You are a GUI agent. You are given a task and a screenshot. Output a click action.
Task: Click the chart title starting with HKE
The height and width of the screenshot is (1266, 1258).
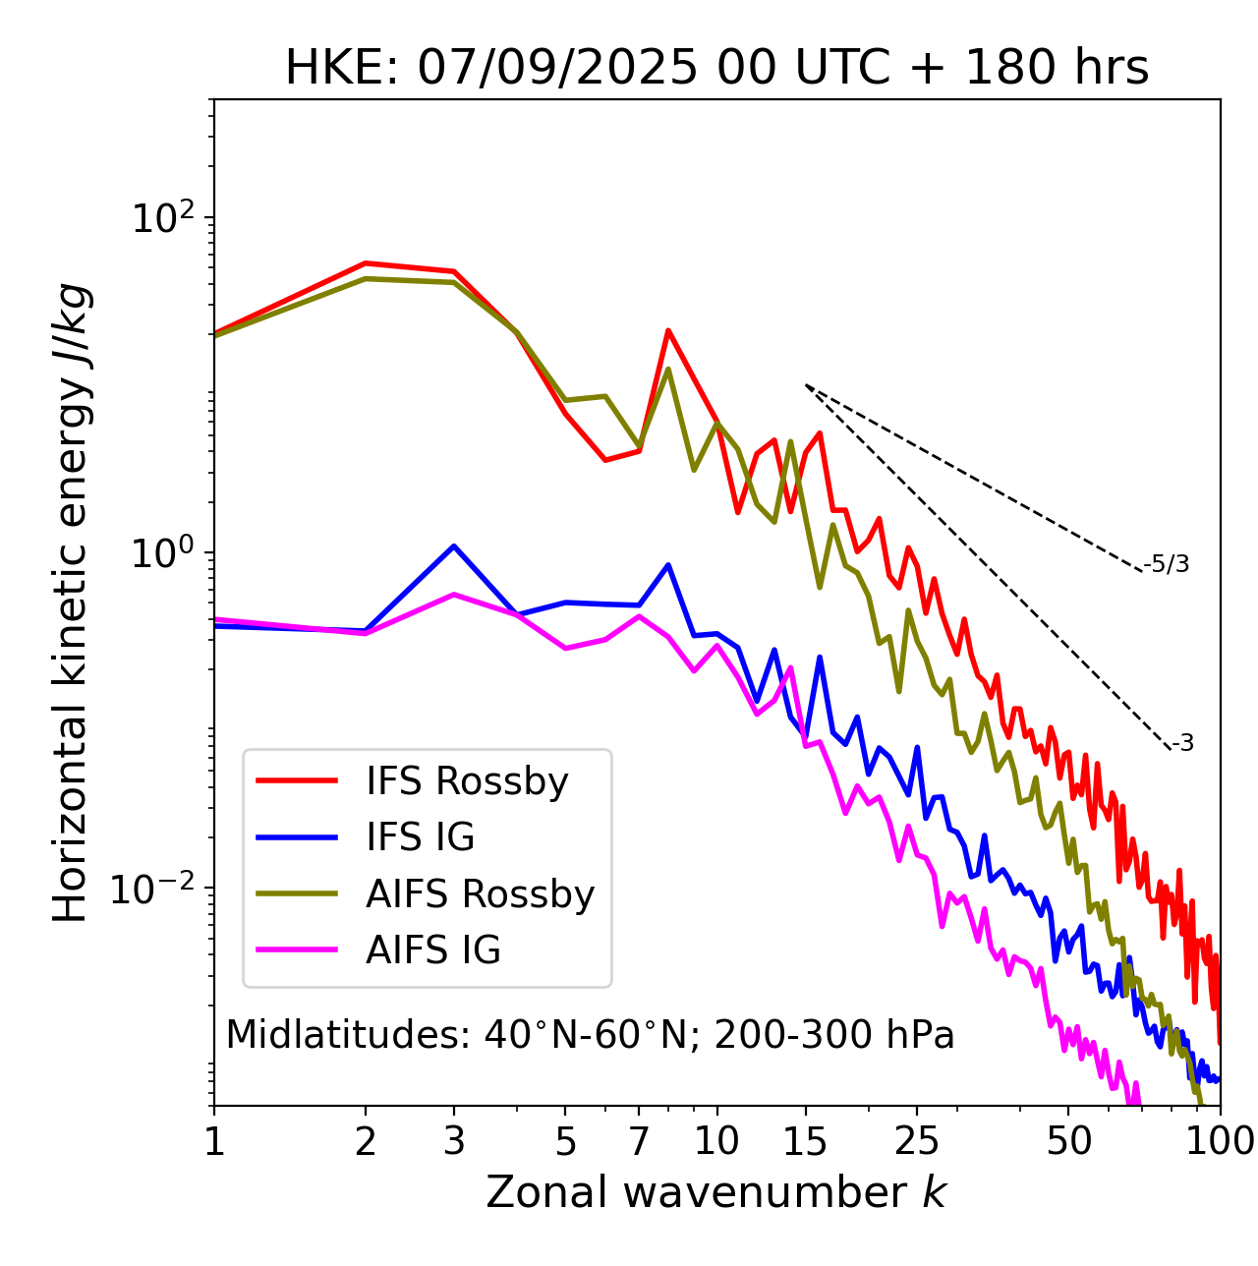pos(716,68)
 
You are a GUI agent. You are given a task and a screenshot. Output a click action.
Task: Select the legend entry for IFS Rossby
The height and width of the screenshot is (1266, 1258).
pos(467,781)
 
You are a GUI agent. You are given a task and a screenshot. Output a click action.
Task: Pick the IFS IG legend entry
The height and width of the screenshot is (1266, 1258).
pos(420,837)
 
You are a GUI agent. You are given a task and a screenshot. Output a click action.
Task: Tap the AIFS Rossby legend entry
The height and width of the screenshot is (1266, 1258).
pos(480,894)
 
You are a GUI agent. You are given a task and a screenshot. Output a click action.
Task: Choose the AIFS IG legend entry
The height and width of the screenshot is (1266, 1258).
pos(433,950)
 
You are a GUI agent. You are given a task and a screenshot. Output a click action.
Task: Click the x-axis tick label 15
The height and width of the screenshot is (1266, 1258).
pos(805,1141)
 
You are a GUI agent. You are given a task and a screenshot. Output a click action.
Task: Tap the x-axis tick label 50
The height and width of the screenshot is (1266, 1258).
pos(1068,1141)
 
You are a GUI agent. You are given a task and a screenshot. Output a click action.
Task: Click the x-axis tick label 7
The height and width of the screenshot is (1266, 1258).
pos(639,1141)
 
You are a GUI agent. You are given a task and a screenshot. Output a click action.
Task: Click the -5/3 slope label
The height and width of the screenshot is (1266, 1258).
pos(1167,564)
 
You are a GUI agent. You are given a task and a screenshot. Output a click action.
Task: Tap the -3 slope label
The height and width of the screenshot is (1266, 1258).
pos(1182,744)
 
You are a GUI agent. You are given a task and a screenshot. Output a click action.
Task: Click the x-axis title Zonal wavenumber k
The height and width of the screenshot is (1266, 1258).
pos(716,1192)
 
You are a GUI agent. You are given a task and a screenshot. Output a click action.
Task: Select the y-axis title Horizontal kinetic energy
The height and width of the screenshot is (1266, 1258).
pos(72,603)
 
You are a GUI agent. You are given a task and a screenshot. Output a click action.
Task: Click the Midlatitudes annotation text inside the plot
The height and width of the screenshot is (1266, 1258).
pos(590,1035)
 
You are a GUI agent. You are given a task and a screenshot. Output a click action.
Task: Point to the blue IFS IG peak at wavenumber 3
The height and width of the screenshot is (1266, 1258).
pos(453,546)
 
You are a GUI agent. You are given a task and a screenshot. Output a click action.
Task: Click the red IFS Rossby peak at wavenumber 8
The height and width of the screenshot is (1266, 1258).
pos(668,330)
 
